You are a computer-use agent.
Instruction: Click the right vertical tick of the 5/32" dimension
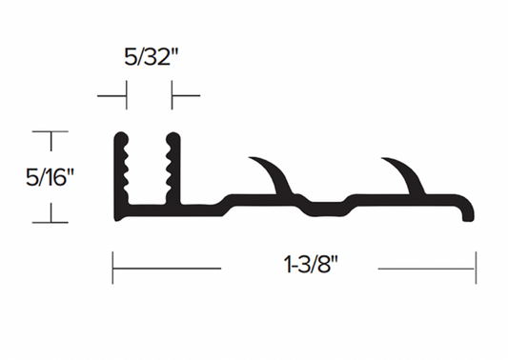tap(172, 95)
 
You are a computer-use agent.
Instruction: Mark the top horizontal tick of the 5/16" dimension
tap(51, 131)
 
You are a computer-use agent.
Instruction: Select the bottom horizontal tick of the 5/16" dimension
tap(51, 222)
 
